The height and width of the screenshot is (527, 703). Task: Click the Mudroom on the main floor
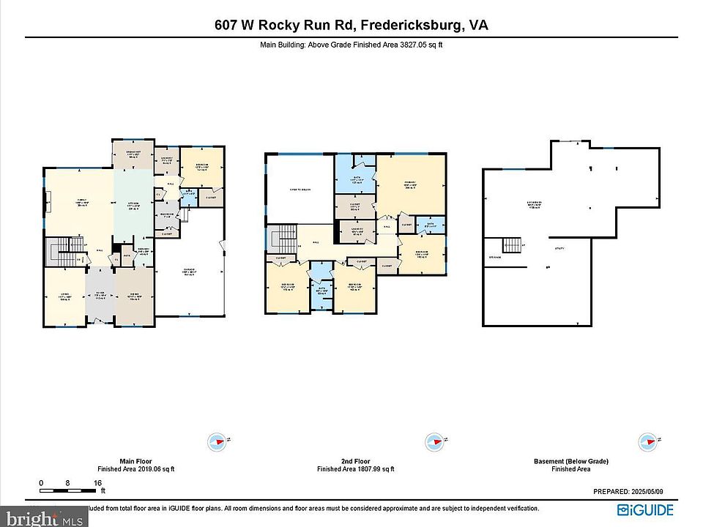(167, 215)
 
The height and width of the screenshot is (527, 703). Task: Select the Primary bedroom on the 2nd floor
(410, 186)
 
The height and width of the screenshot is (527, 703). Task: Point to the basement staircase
(512, 245)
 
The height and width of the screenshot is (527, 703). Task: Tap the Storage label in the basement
(496, 258)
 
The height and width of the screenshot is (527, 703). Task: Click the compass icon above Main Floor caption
(217, 441)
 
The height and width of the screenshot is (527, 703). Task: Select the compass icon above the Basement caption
(647, 441)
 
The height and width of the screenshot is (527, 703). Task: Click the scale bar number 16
(97, 483)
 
